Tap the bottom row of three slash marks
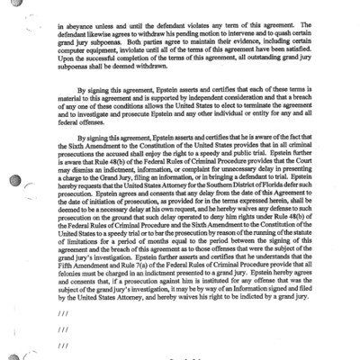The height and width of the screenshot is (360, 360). tap(62, 345)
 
